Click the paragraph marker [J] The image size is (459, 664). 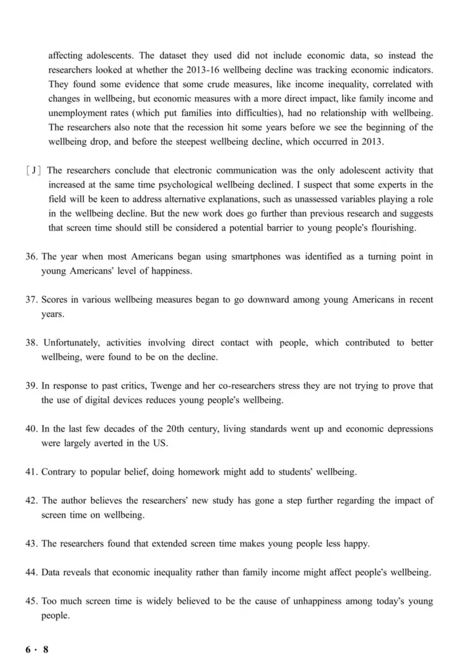[35, 170]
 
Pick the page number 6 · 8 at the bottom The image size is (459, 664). [37, 649]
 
